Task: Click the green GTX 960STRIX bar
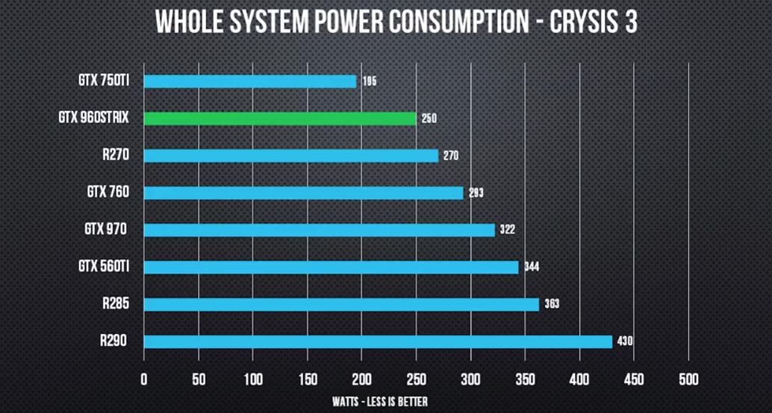point(280,119)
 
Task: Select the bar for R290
point(378,341)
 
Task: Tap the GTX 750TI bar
point(250,81)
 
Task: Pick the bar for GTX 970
point(319,230)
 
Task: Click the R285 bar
point(341,304)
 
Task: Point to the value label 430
point(625,341)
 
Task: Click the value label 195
point(370,81)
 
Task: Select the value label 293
point(476,193)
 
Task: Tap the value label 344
point(531,267)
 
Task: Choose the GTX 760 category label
point(108,192)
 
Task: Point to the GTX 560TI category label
point(104,266)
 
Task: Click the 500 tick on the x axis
point(688,379)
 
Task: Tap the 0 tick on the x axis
point(144,379)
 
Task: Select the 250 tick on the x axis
point(416,379)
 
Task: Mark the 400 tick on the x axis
point(579,379)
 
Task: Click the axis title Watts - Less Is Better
point(380,402)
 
